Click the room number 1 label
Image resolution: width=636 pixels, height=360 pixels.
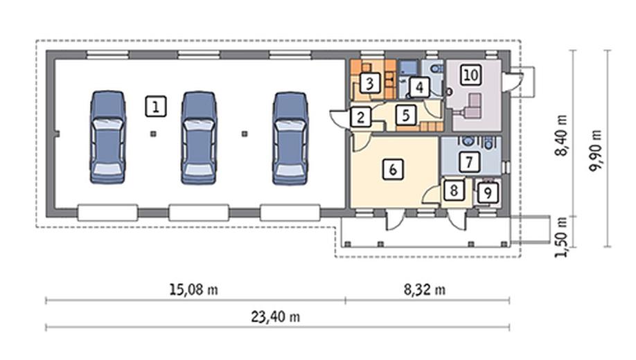156,107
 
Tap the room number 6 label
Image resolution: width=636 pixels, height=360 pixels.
393,169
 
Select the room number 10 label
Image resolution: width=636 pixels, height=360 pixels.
470,75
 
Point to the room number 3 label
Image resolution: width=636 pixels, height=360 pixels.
369,84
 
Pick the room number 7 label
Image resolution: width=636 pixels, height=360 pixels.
469,162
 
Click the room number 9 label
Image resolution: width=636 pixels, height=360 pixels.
488,192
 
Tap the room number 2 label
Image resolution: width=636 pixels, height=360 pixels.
360,117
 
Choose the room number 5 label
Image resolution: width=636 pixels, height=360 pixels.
406,115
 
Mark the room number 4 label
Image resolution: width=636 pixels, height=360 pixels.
419,87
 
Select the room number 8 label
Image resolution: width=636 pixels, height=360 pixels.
454,190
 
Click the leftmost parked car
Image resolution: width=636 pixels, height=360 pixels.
107,138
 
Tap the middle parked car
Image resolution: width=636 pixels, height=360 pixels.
199,138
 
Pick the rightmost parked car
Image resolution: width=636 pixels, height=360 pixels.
290,138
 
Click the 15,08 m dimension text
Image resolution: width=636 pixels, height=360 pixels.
193,289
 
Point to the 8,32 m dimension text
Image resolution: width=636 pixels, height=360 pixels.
424,289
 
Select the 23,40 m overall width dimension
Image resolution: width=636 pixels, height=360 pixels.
276,316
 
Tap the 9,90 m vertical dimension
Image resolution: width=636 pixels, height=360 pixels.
596,151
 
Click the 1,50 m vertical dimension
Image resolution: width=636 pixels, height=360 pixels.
561,237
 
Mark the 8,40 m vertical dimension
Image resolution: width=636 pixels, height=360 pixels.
561,136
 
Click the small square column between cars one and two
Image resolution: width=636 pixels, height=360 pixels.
153,134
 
